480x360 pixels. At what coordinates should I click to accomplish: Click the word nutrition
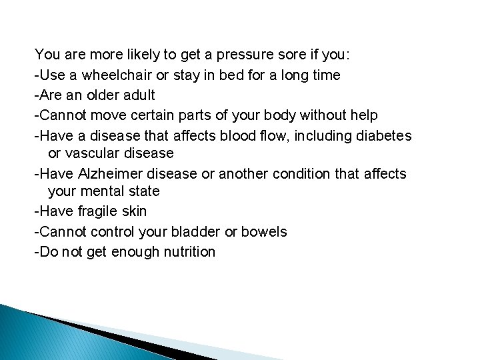[x=189, y=252]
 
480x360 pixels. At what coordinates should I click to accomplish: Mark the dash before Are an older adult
[x=37, y=95]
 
